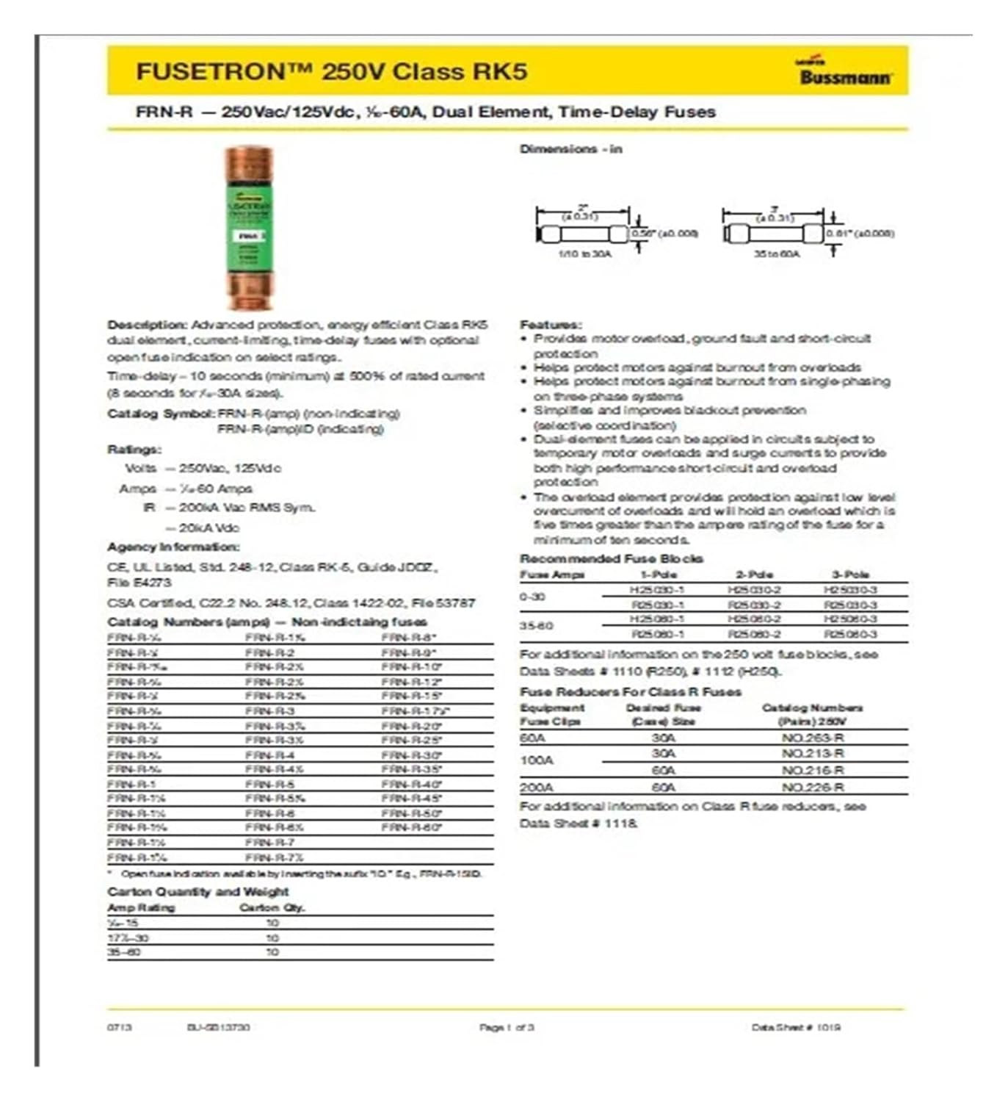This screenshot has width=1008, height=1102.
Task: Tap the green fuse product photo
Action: [x=249, y=228]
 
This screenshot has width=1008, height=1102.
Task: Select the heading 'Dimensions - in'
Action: [x=570, y=149]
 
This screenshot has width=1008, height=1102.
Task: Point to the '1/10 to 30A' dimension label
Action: [x=584, y=253]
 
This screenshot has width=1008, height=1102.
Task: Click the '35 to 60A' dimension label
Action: [x=777, y=253]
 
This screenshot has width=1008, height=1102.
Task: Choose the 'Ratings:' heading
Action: [x=134, y=449]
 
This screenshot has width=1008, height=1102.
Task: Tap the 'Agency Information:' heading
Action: [x=173, y=547]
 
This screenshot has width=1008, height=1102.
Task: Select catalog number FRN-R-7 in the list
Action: [x=269, y=843]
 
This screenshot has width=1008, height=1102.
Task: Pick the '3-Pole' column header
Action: [x=850, y=575]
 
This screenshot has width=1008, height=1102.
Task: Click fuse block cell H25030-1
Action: [x=656, y=590]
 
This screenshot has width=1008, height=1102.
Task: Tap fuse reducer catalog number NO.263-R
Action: [x=812, y=738]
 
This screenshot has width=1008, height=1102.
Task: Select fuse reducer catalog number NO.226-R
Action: [x=812, y=788]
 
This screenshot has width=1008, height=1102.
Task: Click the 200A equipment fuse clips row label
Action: [x=536, y=788]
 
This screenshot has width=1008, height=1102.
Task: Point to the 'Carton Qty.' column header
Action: [x=272, y=908]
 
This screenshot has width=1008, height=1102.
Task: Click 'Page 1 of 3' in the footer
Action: [x=507, y=1027]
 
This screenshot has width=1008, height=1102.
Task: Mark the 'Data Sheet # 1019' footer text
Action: [x=796, y=1027]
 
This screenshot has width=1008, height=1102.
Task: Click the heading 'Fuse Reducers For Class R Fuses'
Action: [x=630, y=692]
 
